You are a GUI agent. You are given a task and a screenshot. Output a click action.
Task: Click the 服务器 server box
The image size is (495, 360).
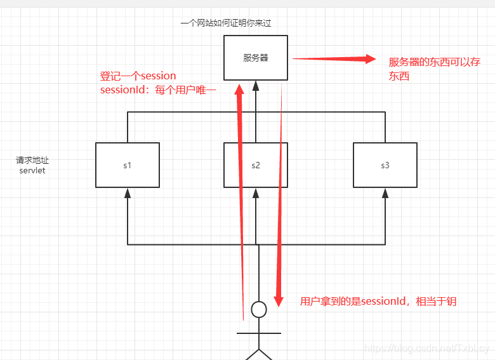click(x=256, y=58)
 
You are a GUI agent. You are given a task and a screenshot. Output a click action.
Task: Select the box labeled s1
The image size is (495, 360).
click(x=127, y=165)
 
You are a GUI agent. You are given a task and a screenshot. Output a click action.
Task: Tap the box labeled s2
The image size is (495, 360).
click(x=256, y=165)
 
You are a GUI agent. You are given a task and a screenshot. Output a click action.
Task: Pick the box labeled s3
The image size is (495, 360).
click(x=385, y=165)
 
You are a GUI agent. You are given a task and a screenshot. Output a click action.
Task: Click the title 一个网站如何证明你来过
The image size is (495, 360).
click(x=226, y=23)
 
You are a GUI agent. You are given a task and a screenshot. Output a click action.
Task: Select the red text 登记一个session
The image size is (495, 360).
click(x=138, y=76)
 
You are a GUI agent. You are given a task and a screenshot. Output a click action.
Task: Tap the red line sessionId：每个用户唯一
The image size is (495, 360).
click(x=158, y=90)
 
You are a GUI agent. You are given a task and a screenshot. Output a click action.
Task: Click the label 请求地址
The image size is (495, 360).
click(x=32, y=161)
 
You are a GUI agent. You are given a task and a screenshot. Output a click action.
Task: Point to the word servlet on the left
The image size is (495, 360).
click(x=32, y=171)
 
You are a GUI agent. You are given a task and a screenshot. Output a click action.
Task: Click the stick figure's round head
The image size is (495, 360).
click(x=259, y=309)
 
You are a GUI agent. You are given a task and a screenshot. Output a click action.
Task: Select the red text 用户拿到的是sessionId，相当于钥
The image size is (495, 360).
click(x=378, y=302)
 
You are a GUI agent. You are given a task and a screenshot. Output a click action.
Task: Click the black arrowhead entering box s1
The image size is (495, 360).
click(x=127, y=192)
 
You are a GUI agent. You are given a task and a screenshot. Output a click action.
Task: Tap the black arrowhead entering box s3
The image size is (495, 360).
click(x=385, y=192)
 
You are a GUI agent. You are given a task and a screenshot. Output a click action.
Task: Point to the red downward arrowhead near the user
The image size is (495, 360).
click(x=277, y=298)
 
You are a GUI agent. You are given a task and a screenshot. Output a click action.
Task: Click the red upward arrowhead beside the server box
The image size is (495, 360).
click(x=239, y=89)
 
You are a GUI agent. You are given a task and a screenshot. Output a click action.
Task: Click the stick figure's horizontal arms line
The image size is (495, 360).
click(x=258, y=332)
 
